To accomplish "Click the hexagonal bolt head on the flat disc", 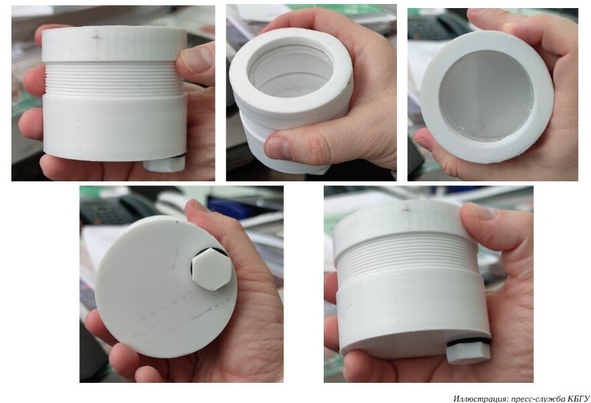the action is tap(212, 269).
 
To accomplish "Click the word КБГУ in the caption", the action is tap(578, 398).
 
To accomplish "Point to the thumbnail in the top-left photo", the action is tap(197, 59).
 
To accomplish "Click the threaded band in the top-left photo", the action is tap(113, 79).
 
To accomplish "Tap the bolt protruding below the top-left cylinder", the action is tap(165, 163).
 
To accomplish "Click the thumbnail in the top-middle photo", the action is tap(278, 147).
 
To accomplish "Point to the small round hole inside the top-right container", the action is tap(475, 126).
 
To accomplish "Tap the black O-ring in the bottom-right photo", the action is tap(468, 342).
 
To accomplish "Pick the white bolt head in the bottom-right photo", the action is tap(468, 353).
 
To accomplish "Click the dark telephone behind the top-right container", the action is tap(438, 26).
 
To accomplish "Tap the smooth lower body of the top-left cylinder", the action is tap(114, 126).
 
